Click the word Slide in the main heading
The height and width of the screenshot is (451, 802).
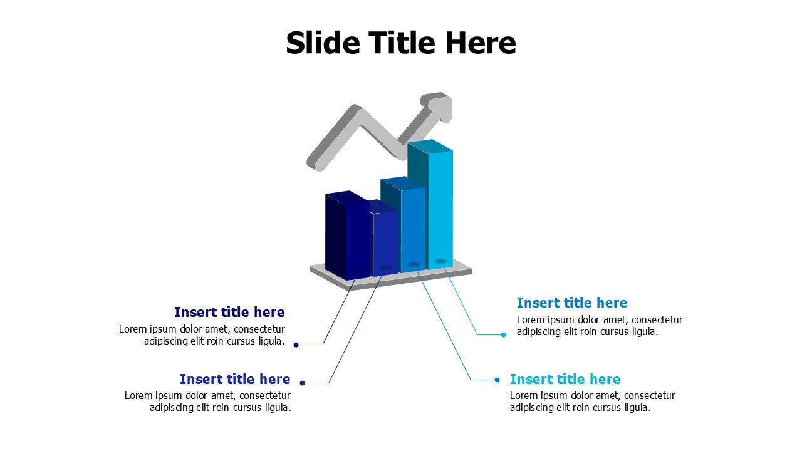pyautogui.click(x=323, y=43)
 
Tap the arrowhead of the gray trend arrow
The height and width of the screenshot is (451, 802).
pyautogui.click(x=437, y=106)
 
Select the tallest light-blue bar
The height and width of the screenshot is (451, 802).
pyautogui.click(x=430, y=205)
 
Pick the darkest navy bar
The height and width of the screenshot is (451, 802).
pyautogui.click(x=346, y=235)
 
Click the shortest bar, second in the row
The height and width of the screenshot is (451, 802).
pyautogui.click(x=385, y=239)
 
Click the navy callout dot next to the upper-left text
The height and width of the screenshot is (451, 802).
pyautogui.click(x=296, y=345)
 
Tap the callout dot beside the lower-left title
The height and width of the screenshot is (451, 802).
pyautogui.click(x=302, y=383)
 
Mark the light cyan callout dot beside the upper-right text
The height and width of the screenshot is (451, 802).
pyautogui.click(x=503, y=334)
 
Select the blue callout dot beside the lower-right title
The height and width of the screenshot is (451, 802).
pyautogui.click(x=497, y=380)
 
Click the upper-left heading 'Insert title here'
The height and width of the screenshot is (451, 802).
pyautogui.click(x=229, y=312)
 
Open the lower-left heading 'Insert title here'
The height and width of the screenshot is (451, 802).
pyautogui.click(x=235, y=379)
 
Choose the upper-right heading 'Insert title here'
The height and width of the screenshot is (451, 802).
pyautogui.click(x=572, y=303)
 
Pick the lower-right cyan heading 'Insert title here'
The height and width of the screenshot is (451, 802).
pyautogui.click(x=565, y=379)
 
